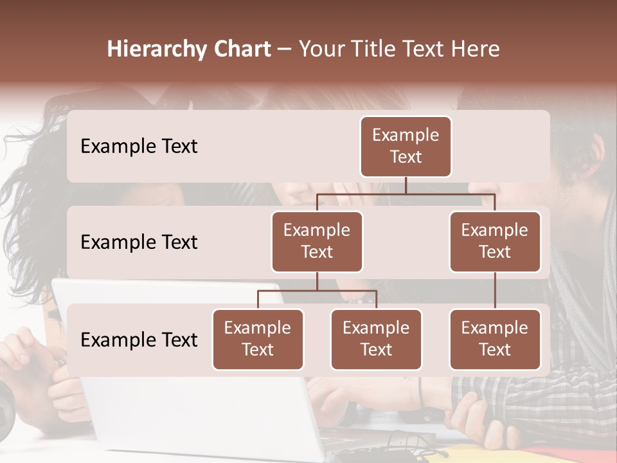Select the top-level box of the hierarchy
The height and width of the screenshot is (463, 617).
(x=406, y=146)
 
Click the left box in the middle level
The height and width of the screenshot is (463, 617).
(x=317, y=241)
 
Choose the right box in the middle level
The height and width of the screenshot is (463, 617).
(x=495, y=241)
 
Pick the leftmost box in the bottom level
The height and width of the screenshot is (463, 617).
(x=258, y=339)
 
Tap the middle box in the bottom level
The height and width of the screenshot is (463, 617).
(x=376, y=339)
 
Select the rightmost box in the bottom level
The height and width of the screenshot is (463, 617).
(x=495, y=339)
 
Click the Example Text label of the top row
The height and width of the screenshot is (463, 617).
(x=139, y=146)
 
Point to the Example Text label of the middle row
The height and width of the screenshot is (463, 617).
(x=139, y=242)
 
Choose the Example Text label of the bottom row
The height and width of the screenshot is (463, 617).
(x=139, y=340)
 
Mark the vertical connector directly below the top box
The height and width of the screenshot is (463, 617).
(x=406, y=185)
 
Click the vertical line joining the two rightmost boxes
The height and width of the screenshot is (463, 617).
(x=495, y=291)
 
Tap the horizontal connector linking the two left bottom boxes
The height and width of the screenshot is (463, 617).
(x=317, y=291)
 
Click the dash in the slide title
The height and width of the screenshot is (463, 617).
(x=285, y=49)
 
